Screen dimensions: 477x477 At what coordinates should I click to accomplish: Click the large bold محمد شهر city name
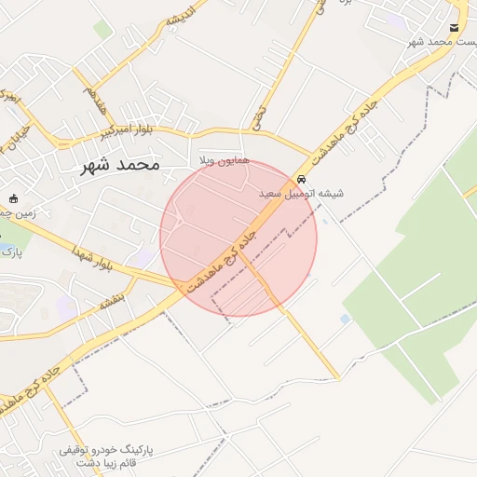coord(114,165)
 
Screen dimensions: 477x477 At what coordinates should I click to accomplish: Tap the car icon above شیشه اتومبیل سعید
coord(301,179)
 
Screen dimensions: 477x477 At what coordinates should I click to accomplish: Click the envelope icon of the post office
coord(454,29)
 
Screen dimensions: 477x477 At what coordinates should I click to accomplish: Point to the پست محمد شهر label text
coord(443,43)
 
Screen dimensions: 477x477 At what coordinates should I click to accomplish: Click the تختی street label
coord(259,116)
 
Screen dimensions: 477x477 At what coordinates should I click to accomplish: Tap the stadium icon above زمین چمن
coord(13,198)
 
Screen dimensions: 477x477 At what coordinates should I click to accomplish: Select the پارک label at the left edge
coord(9,252)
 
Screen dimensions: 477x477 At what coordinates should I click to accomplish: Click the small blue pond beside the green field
coord(345,319)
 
